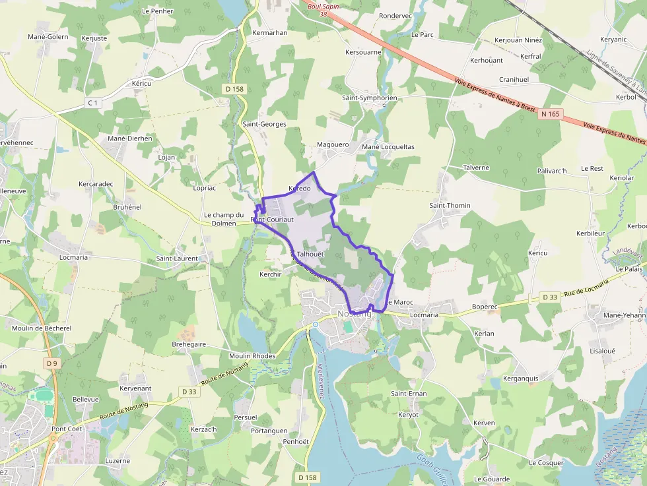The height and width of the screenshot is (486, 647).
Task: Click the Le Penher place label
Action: coord(157,11)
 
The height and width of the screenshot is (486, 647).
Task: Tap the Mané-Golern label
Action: coord(48,37)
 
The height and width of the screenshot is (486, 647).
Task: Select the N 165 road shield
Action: coord(550,114)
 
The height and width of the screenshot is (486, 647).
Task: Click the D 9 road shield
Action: coord(53,363)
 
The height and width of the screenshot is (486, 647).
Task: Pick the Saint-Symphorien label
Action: coord(370,98)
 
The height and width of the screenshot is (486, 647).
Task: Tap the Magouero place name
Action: coord(333,145)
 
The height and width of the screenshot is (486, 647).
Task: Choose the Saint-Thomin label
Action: coord(450,206)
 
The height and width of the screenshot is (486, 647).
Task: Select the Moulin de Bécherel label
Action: coord(42,328)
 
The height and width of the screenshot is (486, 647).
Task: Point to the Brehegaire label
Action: coord(189,344)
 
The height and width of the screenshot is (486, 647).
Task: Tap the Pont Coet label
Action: coord(67,429)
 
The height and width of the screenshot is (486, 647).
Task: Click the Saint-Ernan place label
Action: coord(409,394)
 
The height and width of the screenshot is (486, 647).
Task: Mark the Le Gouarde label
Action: coord(492,479)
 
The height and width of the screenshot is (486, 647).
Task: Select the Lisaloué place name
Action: coord(602,351)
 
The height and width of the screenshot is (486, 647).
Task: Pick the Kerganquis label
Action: coord(521,379)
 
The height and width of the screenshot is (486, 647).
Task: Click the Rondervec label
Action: coord(395,16)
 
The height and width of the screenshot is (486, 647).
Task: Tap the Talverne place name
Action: coord(476,167)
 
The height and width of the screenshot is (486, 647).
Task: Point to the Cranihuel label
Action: coord(514,80)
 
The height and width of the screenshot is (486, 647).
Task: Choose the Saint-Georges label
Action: coord(264,124)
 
